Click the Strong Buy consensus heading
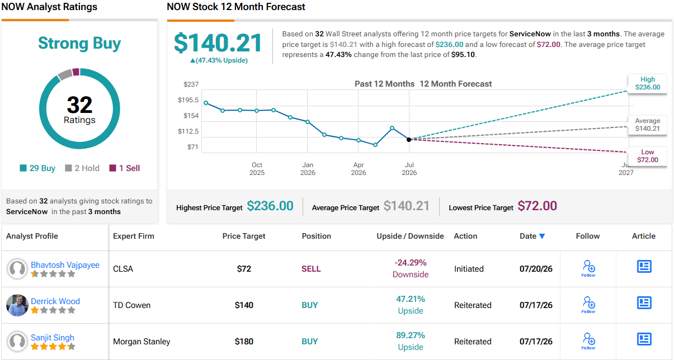click(79, 43)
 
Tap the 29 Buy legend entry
click(37, 168)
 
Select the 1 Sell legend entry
click(125, 168)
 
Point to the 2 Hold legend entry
click(82, 168)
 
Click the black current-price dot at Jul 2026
click(409, 140)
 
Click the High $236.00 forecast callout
click(648, 83)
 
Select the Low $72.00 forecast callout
click(648, 156)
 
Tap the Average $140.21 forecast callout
click(648, 125)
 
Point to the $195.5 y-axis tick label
click(188, 100)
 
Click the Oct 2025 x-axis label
click(257, 169)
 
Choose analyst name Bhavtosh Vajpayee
click(65, 265)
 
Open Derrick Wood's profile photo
click(17, 305)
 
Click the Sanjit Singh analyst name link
click(53, 338)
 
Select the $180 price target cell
click(244, 342)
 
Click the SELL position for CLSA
click(311, 268)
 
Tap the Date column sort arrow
click(542, 236)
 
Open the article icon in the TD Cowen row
click(644, 302)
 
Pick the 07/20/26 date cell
click(536, 268)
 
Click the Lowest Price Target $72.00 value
click(537, 206)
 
